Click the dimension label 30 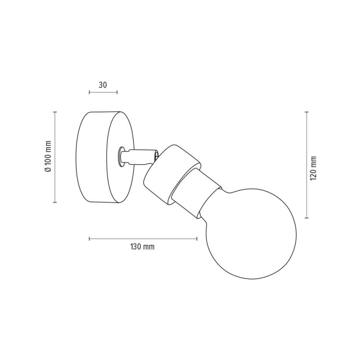pos(103,85)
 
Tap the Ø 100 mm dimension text pos(48,156)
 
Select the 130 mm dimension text pos(142,247)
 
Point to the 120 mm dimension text pos(313,168)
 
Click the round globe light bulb pos(250,233)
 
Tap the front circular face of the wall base pos(121,157)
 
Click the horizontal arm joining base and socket pos(140,157)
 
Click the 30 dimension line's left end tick pos(89,92)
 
